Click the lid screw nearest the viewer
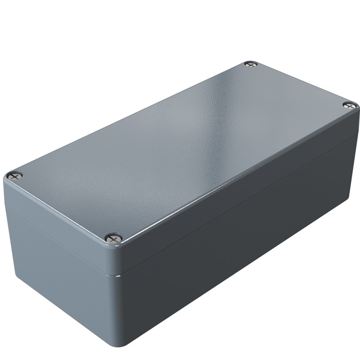pyautogui.click(x=113, y=237)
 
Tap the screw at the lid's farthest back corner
pyautogui.click(x=251, y=64)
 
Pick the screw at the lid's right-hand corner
pyautogui.click(x=349, y=105)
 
